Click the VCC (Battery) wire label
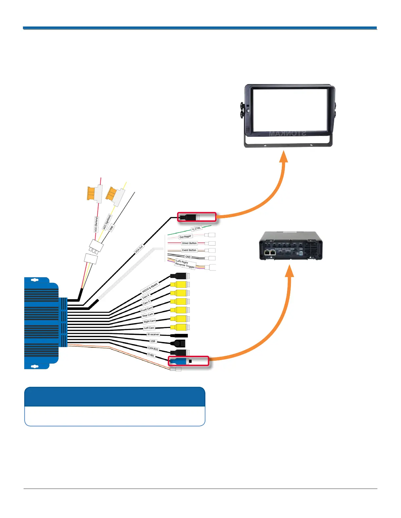tap(96, 224)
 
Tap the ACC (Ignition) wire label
tap(107, 222)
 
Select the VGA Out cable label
tap(139, 250)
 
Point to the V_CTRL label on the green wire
tap(196, 228)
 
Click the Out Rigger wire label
tap(185, 237)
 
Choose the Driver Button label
tap(189, 243)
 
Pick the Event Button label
tap(189, 250)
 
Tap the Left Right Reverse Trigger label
tap(185, 264)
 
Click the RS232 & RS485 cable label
tap(150, 288)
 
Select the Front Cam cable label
tap(147, 309)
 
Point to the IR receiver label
tap(153, 335)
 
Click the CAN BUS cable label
tap(153, 349)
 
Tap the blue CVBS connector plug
tap(179, 361)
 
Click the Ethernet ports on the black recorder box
tap(270, 253)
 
